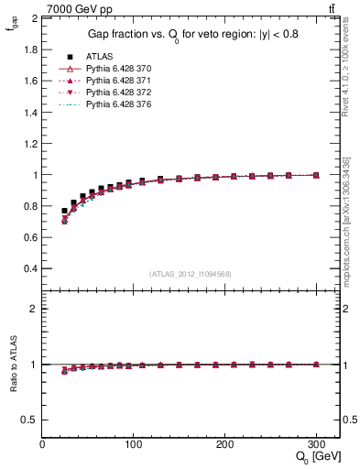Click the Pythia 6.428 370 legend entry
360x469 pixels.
pos(114,69)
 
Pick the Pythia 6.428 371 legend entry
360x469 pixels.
pos(114,82)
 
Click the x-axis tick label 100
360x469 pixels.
pos(133,444)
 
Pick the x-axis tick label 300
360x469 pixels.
pos(316,444)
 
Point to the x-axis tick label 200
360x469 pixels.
pos(224,444)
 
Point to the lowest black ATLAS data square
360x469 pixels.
pos(65,211)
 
